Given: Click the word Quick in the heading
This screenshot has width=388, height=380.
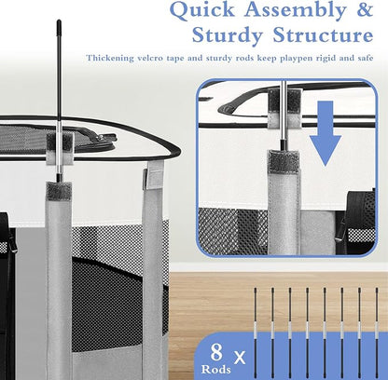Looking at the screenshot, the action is coord(202,10).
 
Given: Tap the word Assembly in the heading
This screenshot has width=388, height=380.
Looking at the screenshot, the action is coord(296,11).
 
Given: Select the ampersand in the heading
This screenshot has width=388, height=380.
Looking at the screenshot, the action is coord(365,9).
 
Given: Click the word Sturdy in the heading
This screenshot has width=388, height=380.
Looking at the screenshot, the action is coord(228,35).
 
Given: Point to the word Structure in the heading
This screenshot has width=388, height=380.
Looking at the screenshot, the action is coord(323,34).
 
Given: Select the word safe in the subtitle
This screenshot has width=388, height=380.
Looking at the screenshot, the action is coord(365,58).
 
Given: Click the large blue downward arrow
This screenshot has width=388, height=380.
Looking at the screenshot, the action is coord(326,133).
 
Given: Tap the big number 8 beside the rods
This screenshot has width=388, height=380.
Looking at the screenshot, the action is coord(216,352).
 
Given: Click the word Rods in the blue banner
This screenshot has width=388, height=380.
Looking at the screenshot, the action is coord(216,369).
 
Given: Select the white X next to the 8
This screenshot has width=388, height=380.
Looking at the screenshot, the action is coord(240,358).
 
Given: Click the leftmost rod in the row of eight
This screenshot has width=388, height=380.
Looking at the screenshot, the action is coord(256,333).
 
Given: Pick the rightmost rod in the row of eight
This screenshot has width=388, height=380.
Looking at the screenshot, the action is coord(377,333).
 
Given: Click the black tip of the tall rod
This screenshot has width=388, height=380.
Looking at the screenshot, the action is coord(59,28).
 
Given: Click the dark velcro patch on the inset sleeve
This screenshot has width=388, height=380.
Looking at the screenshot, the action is coord(284,161).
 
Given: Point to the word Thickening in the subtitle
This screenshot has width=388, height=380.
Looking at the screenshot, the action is coord(110,58).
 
